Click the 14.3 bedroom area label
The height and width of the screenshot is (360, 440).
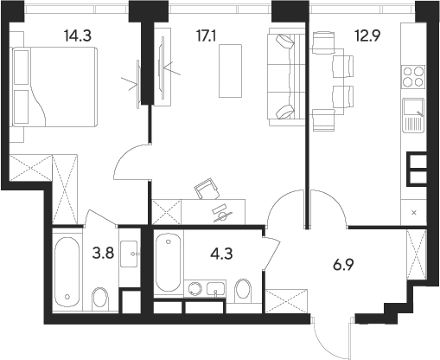click(x=75, y=35)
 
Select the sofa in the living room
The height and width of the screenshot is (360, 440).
click(x=284, y=77)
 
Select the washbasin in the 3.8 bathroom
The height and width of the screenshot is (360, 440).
click(x=131, y=253)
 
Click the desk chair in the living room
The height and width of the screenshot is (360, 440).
click(x=205, y=189)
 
